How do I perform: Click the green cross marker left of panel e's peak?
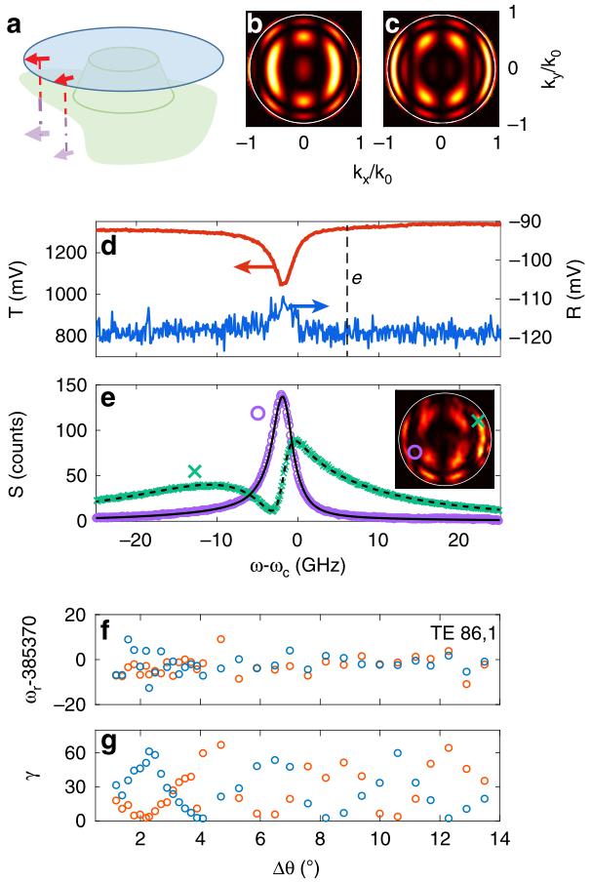point(195,471)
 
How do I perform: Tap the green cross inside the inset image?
point(477,421)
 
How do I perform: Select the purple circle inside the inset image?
point(414,452)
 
